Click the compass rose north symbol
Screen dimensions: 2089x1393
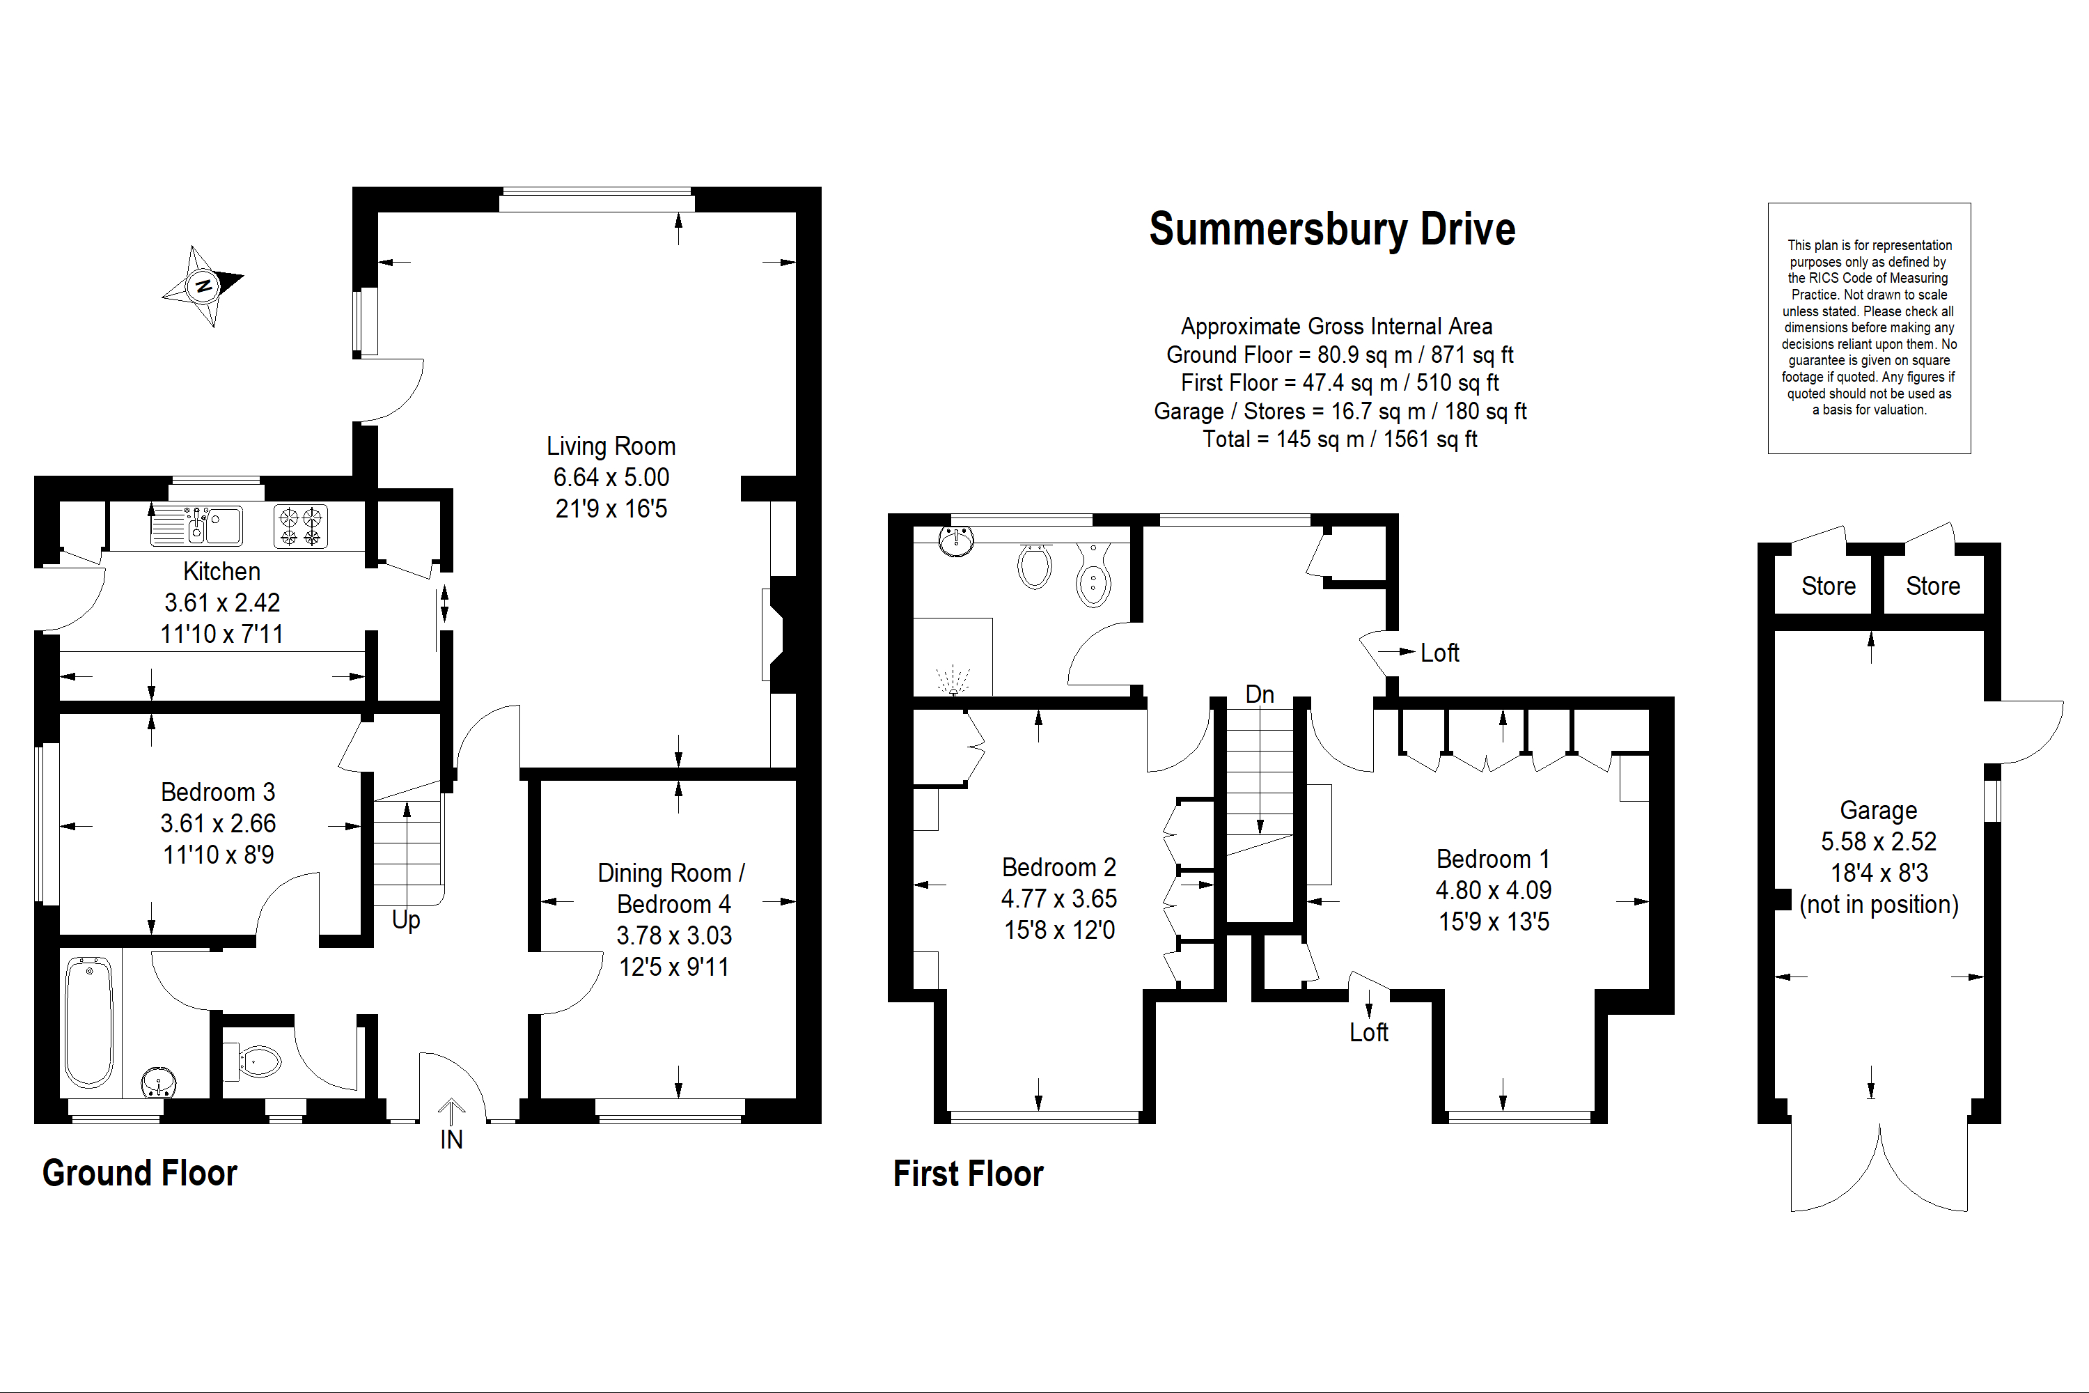point(203,286)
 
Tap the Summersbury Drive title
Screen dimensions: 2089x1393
point(1331,229)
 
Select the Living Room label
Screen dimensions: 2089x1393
point(611,446)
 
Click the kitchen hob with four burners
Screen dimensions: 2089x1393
point(300,526)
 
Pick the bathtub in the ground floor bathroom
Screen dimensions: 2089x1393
point(89,1022)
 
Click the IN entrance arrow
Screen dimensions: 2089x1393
point(451,1112)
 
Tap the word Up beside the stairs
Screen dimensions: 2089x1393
point(406,920)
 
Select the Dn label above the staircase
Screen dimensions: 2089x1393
point(1260,694)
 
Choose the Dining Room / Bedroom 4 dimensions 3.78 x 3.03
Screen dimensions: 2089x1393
point(674,935)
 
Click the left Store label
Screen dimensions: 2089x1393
point(1828,586)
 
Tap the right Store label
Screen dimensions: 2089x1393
point(1933,586)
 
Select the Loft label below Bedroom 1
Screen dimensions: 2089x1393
point(1369,1032)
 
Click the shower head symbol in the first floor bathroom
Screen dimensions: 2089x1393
point(953,680)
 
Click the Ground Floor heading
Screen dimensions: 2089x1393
point(139,1173)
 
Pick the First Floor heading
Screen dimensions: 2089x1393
point(968,1174)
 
